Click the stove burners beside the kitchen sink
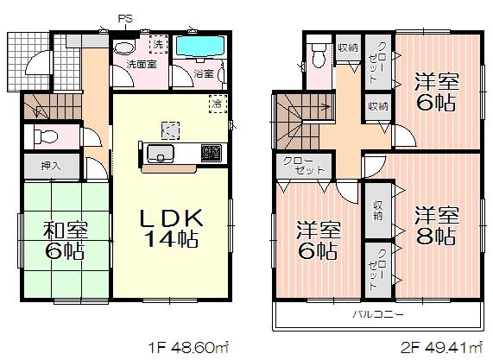[211, 153]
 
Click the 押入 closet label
[49, 166]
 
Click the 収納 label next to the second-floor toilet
[348, 47]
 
